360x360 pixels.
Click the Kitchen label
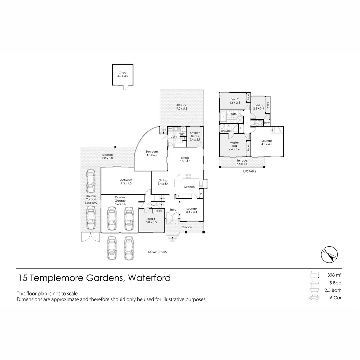(x=189, y=187)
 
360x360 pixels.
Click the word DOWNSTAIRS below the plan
(x=157, y=252)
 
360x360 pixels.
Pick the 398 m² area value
(x=334, y=275)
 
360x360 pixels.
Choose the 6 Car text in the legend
(x=336, y=298)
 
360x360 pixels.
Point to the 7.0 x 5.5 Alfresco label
(x=182, y=107)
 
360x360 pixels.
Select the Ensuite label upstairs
(x=226, y=131)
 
